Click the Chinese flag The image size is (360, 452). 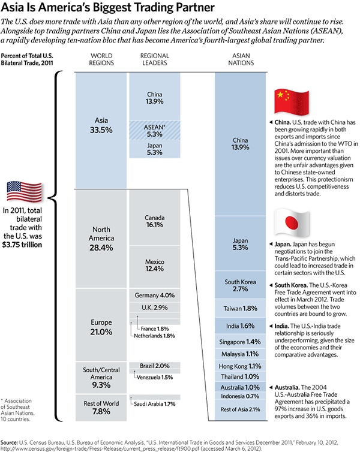(290, 103)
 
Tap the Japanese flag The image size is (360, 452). (292, 223)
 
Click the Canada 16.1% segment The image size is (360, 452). (155, 220)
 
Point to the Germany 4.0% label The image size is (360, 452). (155, 295)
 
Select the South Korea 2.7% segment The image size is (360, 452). (241, 285)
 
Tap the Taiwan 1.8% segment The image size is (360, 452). (241, 308)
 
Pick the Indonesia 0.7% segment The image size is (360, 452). (241, 396)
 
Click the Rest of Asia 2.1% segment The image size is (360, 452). (241, 409)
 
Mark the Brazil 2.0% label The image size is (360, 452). (155, 366)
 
